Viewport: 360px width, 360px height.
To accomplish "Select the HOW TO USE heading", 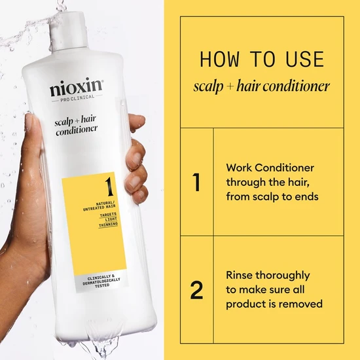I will point(262,60).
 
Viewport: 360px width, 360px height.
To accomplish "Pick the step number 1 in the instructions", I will point(196,182).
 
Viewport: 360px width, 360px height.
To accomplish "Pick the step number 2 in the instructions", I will point(196,290).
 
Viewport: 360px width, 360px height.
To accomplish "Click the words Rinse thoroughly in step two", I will point(268,276).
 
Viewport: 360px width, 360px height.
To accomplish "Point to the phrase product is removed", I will point(274,304).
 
